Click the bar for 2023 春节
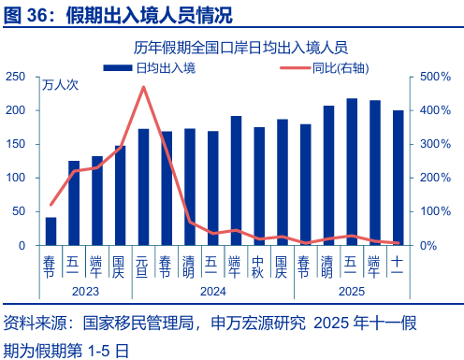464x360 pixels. click(51, 231)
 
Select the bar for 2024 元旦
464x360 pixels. click(143, 187)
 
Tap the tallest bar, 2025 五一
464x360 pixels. click(352, 172)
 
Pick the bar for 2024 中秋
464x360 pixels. click(259, 186)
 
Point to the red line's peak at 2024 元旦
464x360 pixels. click(143, 87)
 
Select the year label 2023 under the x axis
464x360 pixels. click(85, 292)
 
